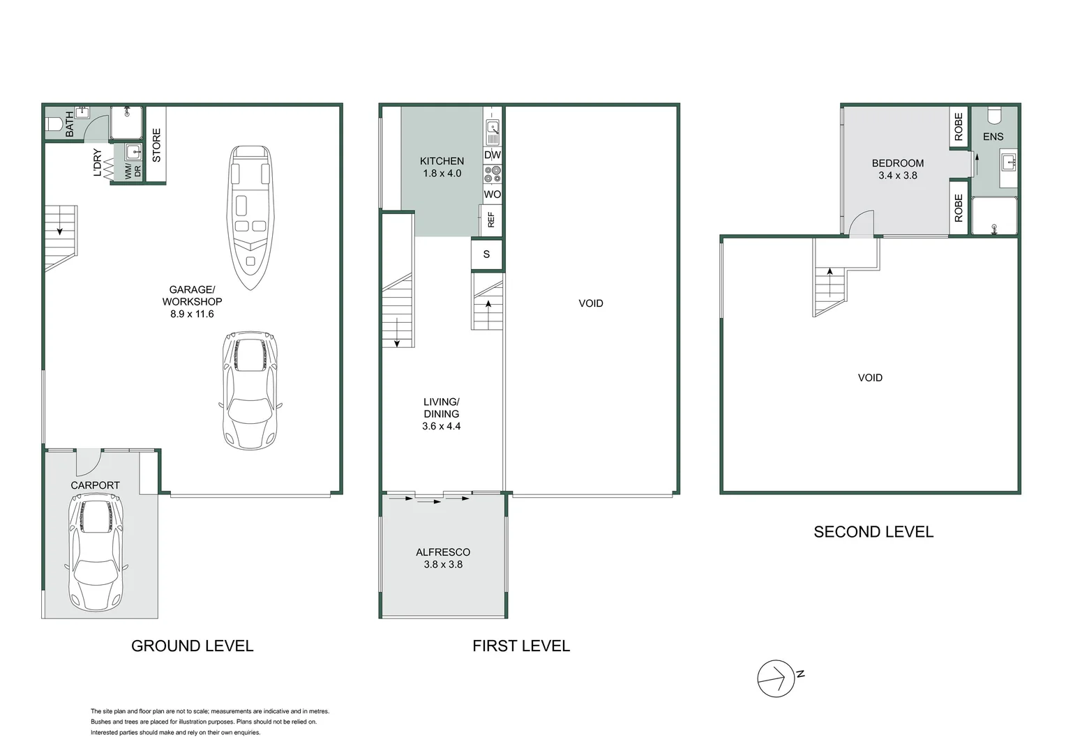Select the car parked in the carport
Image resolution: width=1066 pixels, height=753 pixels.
click(x=96, y=552)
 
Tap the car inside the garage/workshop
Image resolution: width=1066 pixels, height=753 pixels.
click(x=250, y=390)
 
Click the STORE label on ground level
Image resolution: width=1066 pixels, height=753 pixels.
click(x=156, y=145)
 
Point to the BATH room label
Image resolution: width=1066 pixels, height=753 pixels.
click(x=69, y=123)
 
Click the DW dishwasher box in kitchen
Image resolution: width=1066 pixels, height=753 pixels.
click(x=492, y=155)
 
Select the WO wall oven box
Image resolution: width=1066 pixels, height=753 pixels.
click(x=492, y=194)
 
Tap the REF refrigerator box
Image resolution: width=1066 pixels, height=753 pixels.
click(x=490, y=220)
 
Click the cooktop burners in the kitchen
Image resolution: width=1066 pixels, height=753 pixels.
click(x=493, y=174)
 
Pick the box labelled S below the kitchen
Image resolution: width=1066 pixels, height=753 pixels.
click(x=486, y=254)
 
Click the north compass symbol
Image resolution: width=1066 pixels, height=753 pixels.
click(x=776, y=678)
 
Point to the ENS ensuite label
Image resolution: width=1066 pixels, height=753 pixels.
click(x=993, y=137)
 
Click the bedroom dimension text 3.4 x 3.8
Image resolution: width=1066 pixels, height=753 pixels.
click(x=897, y=176)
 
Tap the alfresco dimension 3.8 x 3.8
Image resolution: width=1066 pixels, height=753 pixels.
click(x=443, y=565)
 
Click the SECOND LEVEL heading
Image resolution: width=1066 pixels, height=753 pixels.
click(x=873, y=532)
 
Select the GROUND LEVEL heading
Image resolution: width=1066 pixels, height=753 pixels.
click(x=192, y=646)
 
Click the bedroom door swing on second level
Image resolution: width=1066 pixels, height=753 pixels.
click(x=861, y=224)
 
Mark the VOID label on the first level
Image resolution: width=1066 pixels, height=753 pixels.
click(x=590, y=303)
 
